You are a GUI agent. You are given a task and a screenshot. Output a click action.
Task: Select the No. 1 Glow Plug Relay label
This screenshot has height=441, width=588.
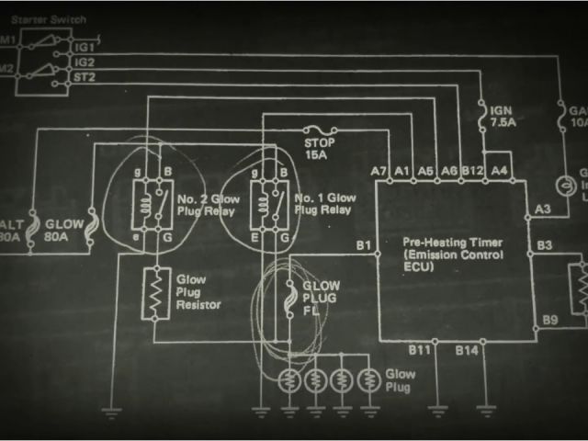click(322, 204)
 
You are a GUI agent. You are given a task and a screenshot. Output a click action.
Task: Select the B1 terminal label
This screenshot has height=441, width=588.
click(363, 244)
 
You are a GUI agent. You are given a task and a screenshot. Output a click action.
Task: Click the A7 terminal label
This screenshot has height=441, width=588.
click(379, 171)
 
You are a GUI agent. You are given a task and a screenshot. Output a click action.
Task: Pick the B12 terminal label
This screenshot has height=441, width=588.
click(472, 171)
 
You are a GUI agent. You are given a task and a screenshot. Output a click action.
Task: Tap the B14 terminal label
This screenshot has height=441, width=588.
click(468, 350)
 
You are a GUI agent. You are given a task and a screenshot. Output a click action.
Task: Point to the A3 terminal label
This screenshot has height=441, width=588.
click(543, 210)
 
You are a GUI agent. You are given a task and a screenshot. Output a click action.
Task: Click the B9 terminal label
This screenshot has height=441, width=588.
click(548, 319)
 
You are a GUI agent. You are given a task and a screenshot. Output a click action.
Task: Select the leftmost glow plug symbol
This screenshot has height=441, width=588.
click(289, 378)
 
